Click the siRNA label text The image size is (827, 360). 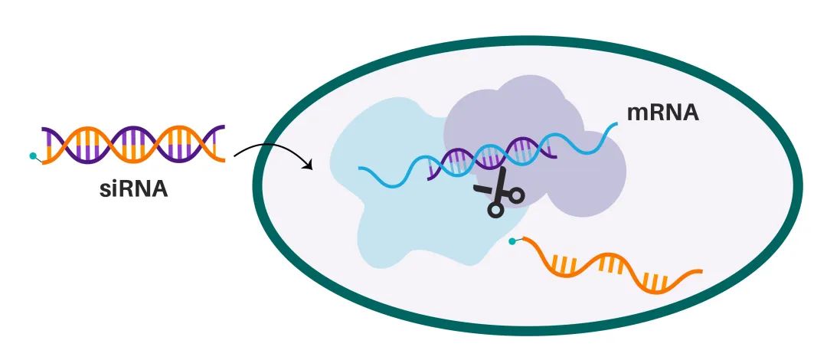tap(135, 186)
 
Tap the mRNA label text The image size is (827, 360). tap(663, 113)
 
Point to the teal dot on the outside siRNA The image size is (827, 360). tap(32, 156)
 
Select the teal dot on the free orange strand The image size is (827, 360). tap(512, 243)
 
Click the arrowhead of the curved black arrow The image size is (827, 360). tap(311, 165)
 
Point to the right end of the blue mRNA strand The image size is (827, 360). tap(616, 125)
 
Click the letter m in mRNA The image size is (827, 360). tap(637, 113)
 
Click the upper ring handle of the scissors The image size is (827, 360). tap(515, 195)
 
